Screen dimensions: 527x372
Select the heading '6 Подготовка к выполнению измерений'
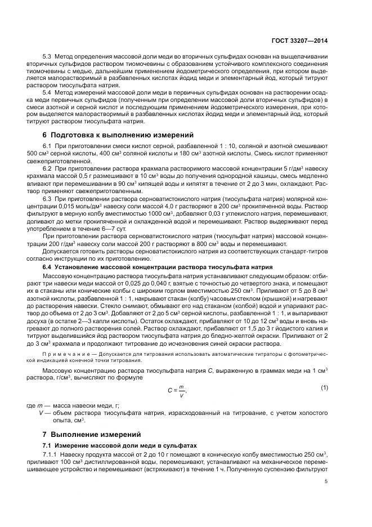pyautogui.click(x=118, y=135)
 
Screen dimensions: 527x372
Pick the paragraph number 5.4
pyautogui.click(x=48, y=92)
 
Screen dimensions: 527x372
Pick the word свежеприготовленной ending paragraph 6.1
pyautogui.click(x=57, y=161)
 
